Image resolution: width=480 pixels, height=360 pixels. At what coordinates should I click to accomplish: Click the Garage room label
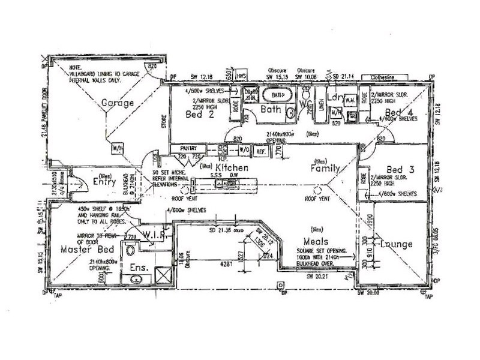pos(117,103)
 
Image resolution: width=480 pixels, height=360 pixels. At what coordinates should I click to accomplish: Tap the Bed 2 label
pos(196,114)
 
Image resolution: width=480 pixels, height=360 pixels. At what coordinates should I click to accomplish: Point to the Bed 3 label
pos(398,170)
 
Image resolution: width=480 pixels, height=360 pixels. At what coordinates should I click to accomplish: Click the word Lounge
pos(397,244)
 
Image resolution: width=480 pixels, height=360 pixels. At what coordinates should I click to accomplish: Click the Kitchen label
pos(229,168)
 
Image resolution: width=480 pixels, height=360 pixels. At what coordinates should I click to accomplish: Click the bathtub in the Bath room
pos(277,95)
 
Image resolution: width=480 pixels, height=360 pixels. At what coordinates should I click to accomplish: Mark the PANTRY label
pos(182,147)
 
